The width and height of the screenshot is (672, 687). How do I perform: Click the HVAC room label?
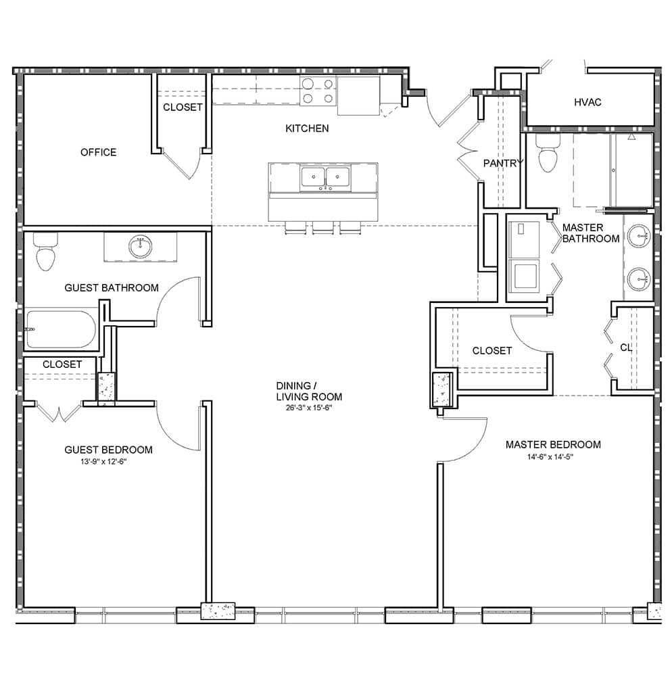587,103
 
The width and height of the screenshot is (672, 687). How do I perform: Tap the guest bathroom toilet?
45,252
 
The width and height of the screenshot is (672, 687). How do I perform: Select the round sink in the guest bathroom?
140,247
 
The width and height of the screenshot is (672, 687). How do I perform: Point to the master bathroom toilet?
548,153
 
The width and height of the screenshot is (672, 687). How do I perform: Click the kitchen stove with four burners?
318,91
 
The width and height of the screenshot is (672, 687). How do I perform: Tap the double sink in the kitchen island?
325,179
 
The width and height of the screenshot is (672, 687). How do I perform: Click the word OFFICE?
98,152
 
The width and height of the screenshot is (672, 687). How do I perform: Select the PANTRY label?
503,164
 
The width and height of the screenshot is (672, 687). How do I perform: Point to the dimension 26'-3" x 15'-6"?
309,408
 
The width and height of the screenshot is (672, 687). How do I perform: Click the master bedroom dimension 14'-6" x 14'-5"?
550,457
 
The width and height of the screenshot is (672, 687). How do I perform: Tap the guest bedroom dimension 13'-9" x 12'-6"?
103,461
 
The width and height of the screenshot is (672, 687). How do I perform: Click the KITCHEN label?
307,128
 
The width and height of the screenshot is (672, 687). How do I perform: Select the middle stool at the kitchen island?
323,227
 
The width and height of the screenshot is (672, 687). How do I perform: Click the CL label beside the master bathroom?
626,348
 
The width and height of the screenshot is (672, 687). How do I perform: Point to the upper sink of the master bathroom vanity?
638,237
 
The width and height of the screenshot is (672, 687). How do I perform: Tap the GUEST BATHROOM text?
112,288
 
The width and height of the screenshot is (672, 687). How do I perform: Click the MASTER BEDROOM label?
553,445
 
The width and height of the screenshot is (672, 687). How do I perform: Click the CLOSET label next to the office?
183,108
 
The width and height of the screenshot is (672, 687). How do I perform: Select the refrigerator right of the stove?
358,95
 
